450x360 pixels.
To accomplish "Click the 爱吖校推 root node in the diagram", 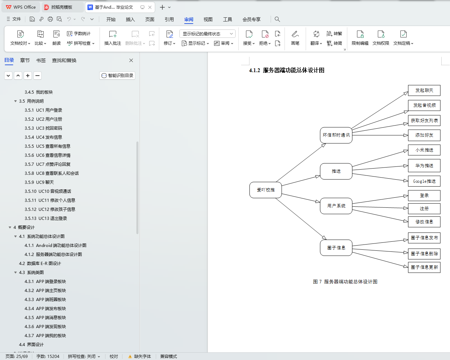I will [x=265, y=190].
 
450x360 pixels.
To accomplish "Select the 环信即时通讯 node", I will [x=336, y=135].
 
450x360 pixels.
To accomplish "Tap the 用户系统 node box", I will [x=336, y=206].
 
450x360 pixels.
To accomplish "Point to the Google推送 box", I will [x=424, y=181].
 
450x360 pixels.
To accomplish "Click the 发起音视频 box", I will [x=424, y=105].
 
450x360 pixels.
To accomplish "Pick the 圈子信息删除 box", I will [x=424, y=254].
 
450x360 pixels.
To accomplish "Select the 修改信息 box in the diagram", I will [x=424, y=222].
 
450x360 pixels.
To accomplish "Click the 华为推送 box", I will [x=424, y=166].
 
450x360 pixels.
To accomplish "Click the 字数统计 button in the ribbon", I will [x=79, y=34].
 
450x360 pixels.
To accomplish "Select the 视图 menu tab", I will [x=208, y=19].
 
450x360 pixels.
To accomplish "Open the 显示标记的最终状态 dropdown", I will [x=207, y=34].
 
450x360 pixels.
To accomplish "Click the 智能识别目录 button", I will [x=117, y=76].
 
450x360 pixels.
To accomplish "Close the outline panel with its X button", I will [x=131, y=60].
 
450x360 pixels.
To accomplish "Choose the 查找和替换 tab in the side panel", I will [x=64, y=60].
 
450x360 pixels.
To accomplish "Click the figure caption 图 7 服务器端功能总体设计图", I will [x=345, y=282].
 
